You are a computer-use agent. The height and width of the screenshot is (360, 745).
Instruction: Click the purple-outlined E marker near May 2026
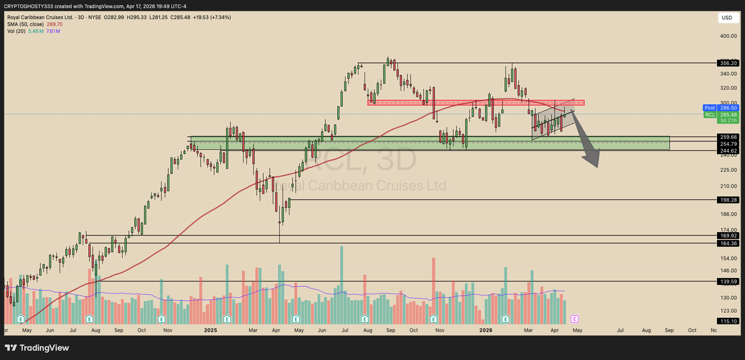pyautogui.click(x=574, y=319)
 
